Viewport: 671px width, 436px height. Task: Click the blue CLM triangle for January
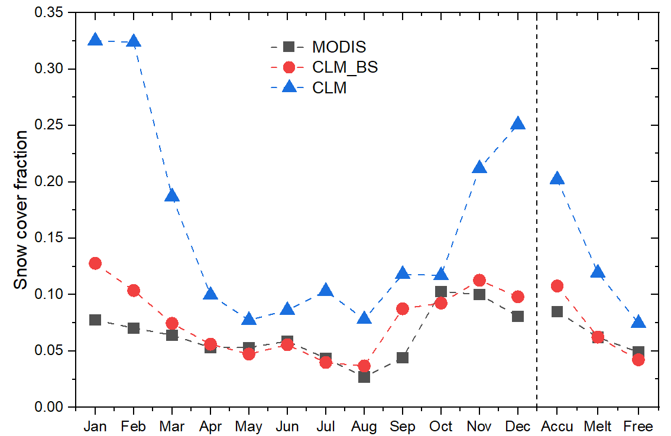coord(95,40)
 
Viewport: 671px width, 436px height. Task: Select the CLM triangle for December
coord(518,123)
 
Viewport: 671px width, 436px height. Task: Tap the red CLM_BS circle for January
coord(95,263)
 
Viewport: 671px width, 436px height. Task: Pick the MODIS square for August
coord(364,376)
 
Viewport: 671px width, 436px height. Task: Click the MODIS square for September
coord(403,357)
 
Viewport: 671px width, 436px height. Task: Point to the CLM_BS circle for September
coord(403,309)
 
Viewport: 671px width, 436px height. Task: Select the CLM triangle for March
coord(172,196)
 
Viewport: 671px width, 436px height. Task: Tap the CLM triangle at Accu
coord(557,178)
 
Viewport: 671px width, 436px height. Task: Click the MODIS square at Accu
coord(557,311)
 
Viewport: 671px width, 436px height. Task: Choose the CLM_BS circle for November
coord(479,280)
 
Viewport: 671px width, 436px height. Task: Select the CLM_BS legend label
coord(345,67)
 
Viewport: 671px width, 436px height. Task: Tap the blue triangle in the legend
coord(289,88)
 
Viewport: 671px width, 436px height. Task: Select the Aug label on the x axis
coord(364,427)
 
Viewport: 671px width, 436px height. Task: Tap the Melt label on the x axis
coord(598,427)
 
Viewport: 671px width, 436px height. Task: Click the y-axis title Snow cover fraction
coord(21,210)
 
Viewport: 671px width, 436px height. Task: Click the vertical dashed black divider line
coord(537,236)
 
